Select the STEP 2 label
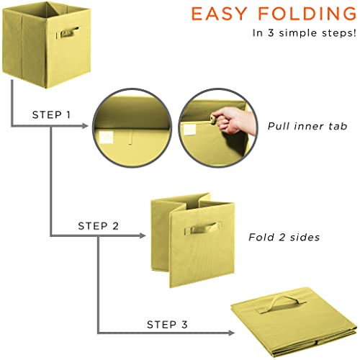[x=98, y=225]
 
